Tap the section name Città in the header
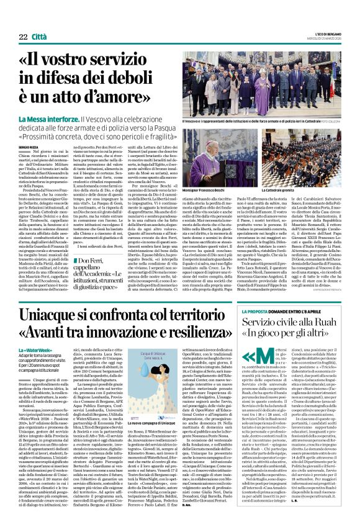click(x=38, y=37)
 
